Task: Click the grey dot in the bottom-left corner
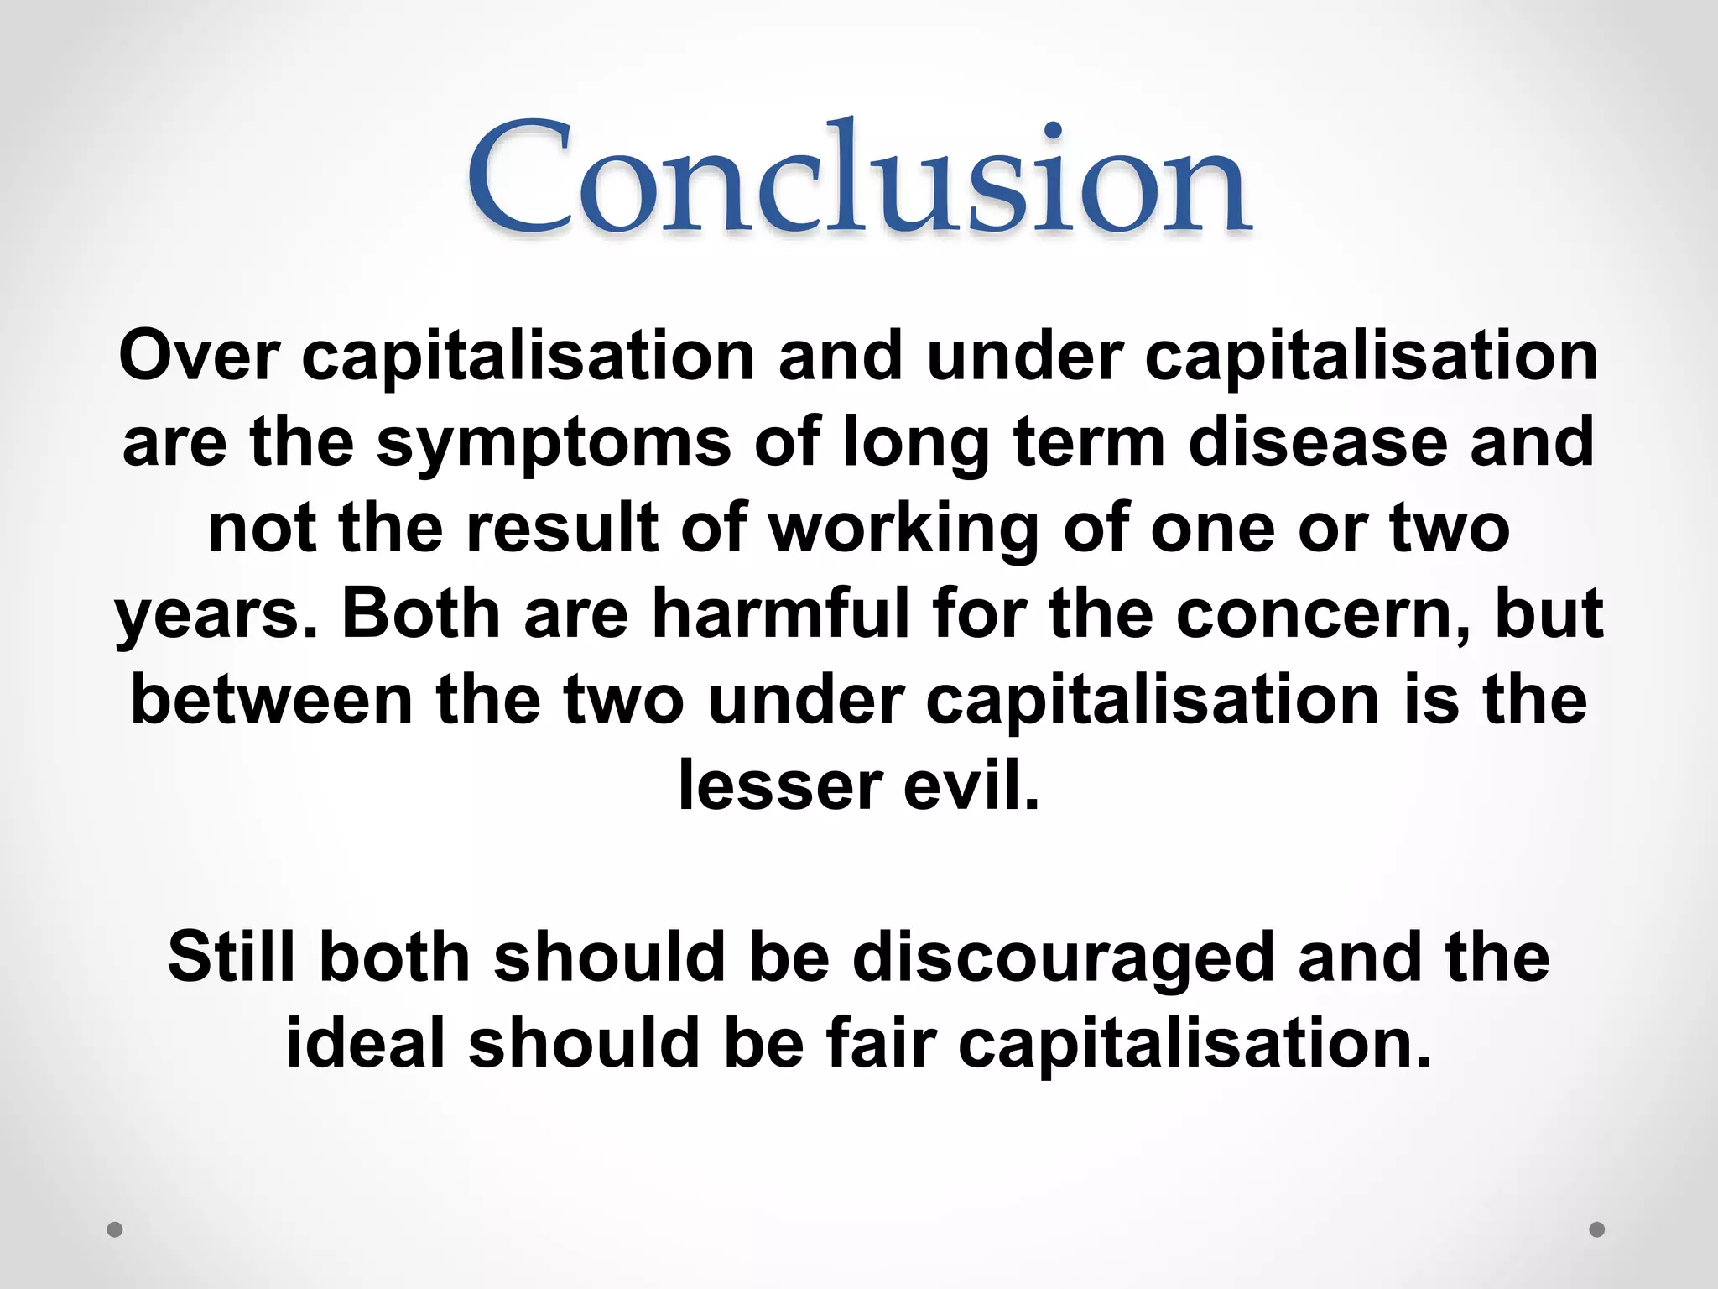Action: click(115, 1229)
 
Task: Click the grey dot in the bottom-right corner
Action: click(1597, 1229)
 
